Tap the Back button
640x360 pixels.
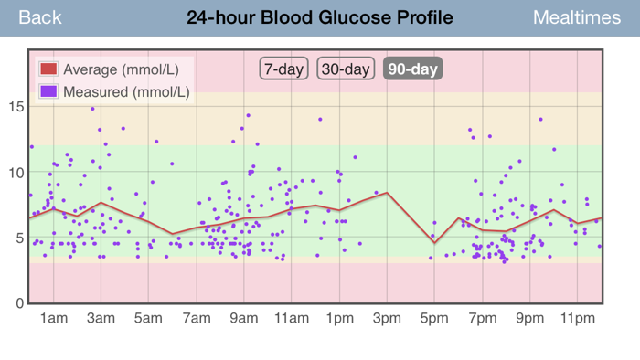(x=40, y=17)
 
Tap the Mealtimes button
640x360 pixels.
(x=576, y=17)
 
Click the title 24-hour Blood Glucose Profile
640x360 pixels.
(x=319, y=17)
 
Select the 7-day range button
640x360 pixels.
(x=283, y=69)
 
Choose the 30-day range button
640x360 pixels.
(x=345, y=69)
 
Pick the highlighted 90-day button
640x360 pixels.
(x=413, y=69)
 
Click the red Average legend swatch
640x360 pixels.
(x=48, y=69)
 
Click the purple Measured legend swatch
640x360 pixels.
(x=48, y=91)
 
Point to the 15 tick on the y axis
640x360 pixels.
(x=16, y=106)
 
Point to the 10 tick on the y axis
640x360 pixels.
(x=16, y=172)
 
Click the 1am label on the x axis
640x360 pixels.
(x=53, y=318)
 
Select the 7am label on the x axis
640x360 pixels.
(x=197, y=318)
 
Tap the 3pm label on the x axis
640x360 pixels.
(x=387, y=318)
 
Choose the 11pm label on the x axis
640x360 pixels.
(x=578, y=318)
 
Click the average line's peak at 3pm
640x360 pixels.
(x=388, y=193)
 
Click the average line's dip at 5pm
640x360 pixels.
(x=434, y=243)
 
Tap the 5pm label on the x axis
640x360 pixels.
(x=434, y=318)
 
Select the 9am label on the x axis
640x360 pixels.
(x=244, y=318)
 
